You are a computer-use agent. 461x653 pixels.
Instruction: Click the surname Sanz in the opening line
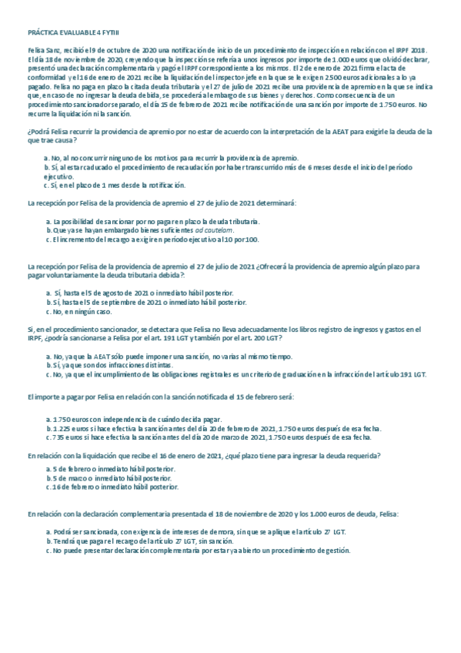pyautogui.click(x=48, y=49)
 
